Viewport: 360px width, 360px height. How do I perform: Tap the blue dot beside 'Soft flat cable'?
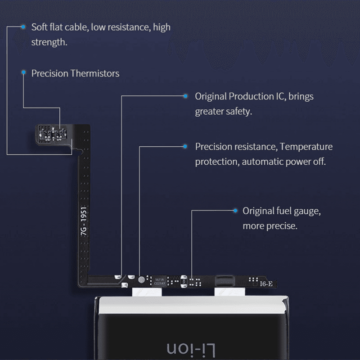[x=23, y=27]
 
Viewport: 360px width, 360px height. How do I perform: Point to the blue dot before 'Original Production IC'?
[x=185, y=96]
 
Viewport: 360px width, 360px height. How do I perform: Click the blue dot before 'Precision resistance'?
[x=185, y=146]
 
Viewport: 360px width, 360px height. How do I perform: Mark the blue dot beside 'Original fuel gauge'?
[x=234, y=211]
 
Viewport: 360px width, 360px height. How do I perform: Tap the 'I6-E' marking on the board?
[x=265, y=284]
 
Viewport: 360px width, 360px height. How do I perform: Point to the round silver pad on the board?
[x=143, y=279]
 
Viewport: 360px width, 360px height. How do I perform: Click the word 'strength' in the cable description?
[x=49, y=43]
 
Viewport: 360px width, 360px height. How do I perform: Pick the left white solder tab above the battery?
[x=146, y=292]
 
